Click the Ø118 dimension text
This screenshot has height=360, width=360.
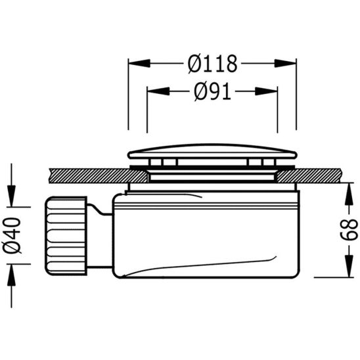pos(212,64)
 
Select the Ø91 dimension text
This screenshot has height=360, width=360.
pos(212,93)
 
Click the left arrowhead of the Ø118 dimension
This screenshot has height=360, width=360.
pos(135,64)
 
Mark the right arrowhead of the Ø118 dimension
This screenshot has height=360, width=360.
pos(290,64)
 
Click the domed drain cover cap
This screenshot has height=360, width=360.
pos(212,152)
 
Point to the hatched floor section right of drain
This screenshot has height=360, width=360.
pos(319,175)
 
